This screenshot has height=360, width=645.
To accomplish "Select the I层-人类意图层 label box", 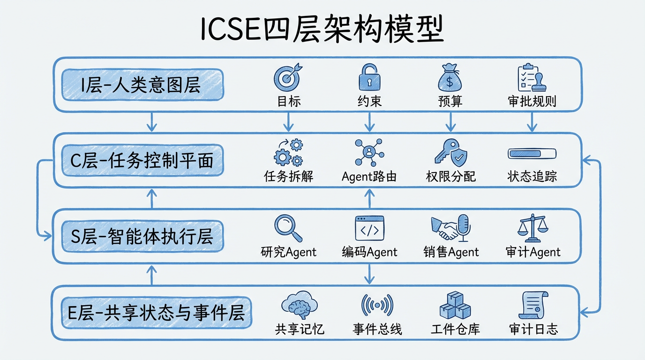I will coord(142,85).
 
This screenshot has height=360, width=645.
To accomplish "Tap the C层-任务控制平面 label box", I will coord(142,160).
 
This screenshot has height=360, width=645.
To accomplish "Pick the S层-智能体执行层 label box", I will coord(142,236).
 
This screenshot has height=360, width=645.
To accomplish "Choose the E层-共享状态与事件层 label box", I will coord(157,312).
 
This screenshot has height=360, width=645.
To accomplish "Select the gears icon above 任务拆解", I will coord(288,152).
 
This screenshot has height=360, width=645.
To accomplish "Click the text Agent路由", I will coord(369,177).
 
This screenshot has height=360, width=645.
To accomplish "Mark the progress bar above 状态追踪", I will coord(532,153).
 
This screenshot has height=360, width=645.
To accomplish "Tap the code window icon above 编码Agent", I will coord(369,228).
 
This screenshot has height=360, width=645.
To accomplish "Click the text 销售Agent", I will coord(451,252).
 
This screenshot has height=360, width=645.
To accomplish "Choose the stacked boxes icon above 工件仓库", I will coord(455,305).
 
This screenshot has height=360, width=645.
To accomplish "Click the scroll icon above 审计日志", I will coord(533,305).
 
